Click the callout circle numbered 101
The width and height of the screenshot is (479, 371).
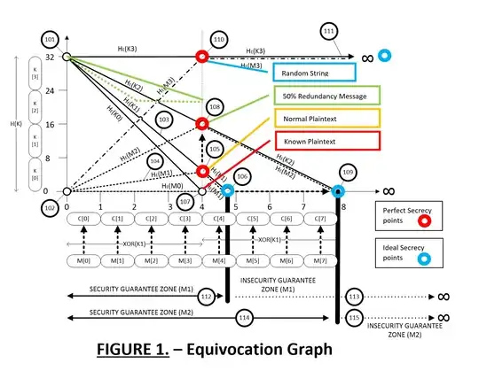(x=49, y=40)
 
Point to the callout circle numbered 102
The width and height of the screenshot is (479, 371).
(x=49, y=209)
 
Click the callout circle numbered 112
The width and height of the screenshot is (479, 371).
(x=208, y=298)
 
